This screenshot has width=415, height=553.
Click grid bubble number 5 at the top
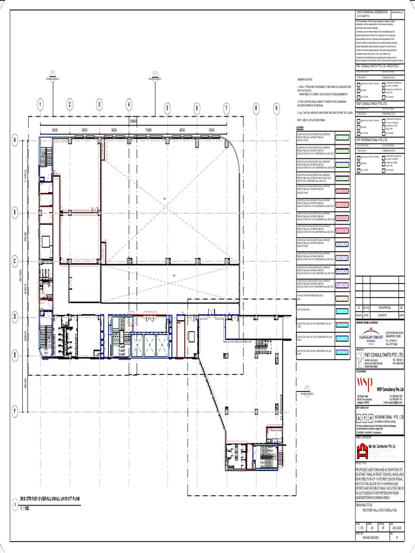(168, 107)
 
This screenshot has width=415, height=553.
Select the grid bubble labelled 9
(276, 107)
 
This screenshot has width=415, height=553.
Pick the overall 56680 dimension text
(133, 121)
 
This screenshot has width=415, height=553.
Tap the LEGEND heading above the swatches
(300, 127)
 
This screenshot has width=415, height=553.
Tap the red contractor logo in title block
(361, 447)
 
